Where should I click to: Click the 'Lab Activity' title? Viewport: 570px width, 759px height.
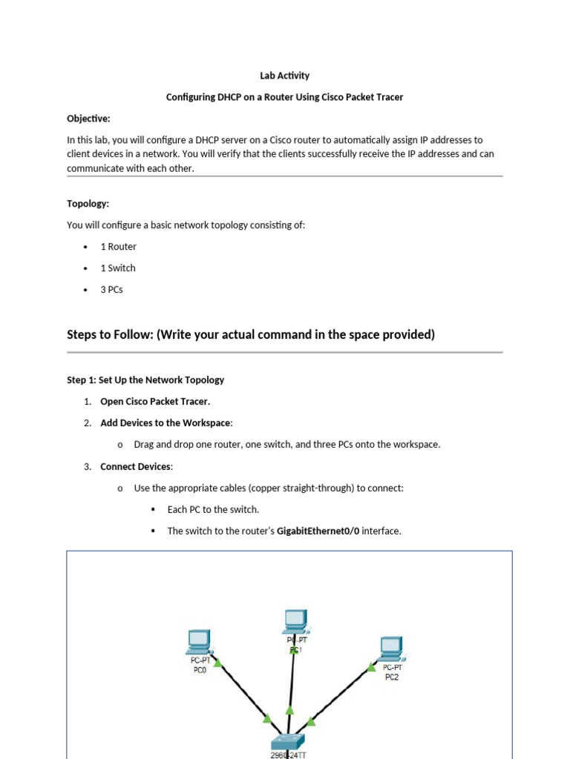(x=284, y=76)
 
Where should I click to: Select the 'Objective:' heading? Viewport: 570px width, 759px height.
(x=88, y=119)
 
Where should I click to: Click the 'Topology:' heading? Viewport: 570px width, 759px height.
(x=88, y=204)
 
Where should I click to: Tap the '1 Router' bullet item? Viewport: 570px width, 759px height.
(x=118, y=247)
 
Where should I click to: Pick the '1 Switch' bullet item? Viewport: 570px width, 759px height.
(x=118, y=268)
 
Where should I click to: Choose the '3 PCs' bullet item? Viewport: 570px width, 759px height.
(x=111, y=290)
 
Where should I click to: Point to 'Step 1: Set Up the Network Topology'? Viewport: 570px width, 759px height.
(x=145, y=380)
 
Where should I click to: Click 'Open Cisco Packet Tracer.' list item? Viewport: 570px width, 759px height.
(x=155, y=402)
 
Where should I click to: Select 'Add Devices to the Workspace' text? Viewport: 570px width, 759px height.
(x=166, y=423)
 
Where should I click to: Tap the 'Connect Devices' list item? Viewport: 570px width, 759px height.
(x=136, y=467)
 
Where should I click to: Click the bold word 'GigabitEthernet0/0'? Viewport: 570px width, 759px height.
(x=318, y=531)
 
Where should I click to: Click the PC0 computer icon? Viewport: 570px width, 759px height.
(x=199, y=640)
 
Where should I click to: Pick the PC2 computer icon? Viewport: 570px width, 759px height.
(x=390, y=648)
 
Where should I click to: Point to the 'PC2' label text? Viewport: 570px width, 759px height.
(x=392, y=677)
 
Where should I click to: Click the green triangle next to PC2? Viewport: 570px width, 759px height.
(x=371, y=667)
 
